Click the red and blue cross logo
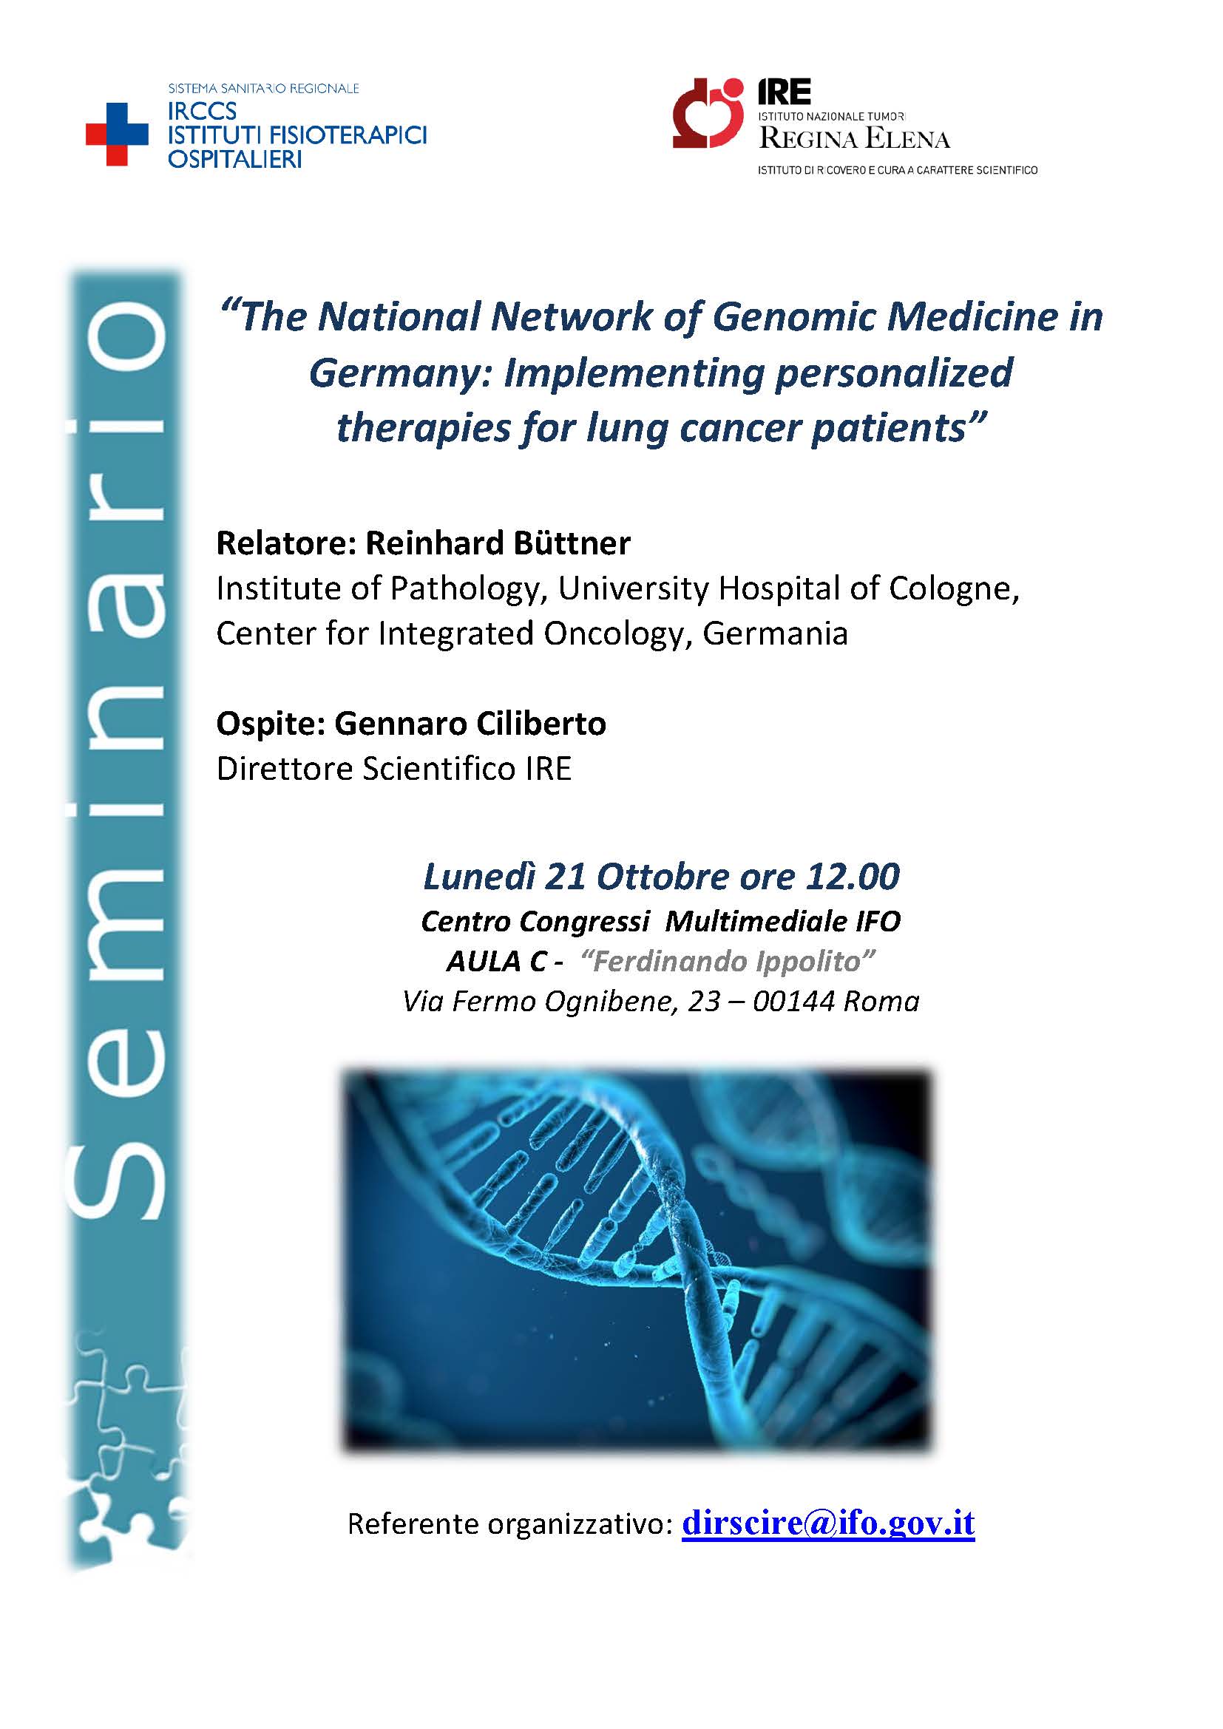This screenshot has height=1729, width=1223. [117, 134]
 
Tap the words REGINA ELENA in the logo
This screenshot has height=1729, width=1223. [854, 137]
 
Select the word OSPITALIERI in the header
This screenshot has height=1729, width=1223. [234, 160]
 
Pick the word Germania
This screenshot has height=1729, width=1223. [775, 633]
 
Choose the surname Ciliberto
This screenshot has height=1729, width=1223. [539, 724]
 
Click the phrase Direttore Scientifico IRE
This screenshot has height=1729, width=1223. [394, 769]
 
